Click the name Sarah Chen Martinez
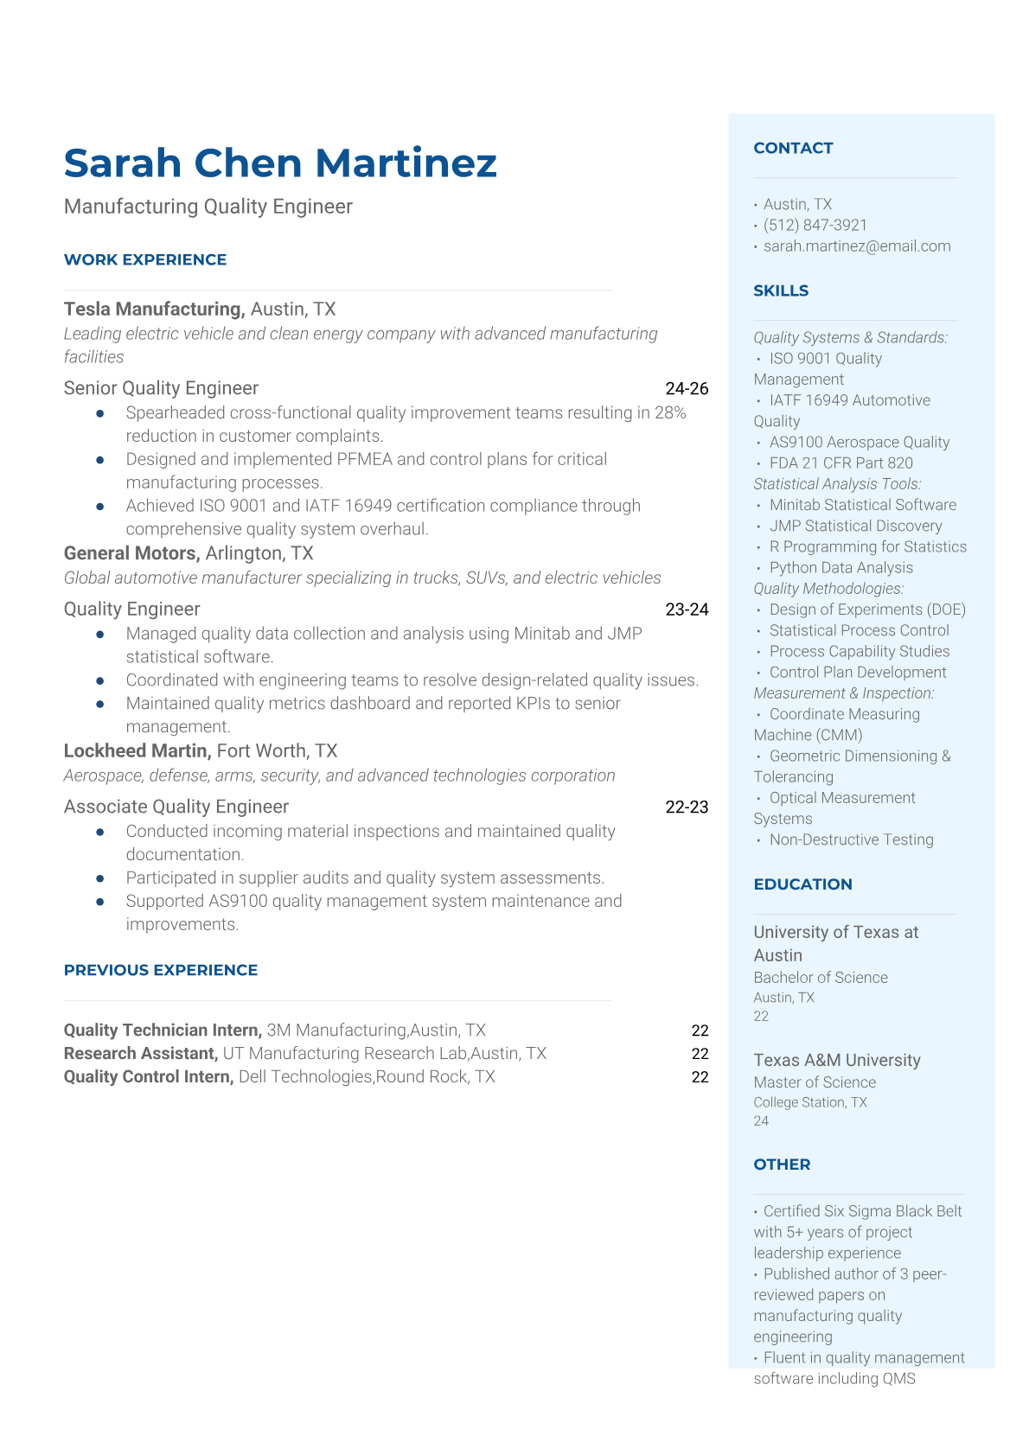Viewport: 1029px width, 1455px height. [x=280, y=163]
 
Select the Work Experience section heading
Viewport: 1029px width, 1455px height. [x=145, y=259]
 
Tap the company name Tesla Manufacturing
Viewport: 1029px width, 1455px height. [x=153, y=309]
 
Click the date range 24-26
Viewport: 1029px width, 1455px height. [x=687, y=388]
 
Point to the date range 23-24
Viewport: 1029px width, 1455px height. [x=687, y=609]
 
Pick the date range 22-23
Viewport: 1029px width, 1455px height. [x=687, y=807]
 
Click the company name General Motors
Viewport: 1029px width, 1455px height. [x=131, y=553]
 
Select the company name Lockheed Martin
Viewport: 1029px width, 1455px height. [x=137, y=750]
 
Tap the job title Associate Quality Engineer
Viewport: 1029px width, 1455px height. [x=176, y=807]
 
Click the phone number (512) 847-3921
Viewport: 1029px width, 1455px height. [x=815, y=225]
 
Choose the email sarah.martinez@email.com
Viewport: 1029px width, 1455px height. [x=856, y=246]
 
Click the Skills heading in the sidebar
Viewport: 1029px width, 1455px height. [x=781, y=290]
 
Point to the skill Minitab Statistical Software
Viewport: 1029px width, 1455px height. [x=862, y=505]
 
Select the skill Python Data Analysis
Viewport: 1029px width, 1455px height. [x=840, y=567]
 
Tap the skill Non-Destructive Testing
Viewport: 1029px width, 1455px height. [x=851, y=839]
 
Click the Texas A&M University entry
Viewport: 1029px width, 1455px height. [x=836, y=1060]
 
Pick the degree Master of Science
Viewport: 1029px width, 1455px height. [x=814, y=1082]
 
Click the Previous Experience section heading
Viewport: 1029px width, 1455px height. [x=161, y=970]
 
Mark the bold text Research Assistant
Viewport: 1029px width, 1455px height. [x=140, y=1053]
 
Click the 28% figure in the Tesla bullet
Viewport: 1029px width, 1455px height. [x=670, y=412]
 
